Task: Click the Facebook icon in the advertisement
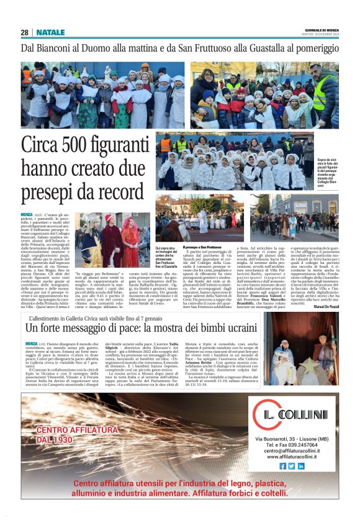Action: click(x=283, y=465)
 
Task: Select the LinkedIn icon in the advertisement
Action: click(x=301, y=465)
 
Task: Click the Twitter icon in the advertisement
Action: click(x=292, y=465)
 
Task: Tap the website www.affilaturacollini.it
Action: click(x=292, y=457)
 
